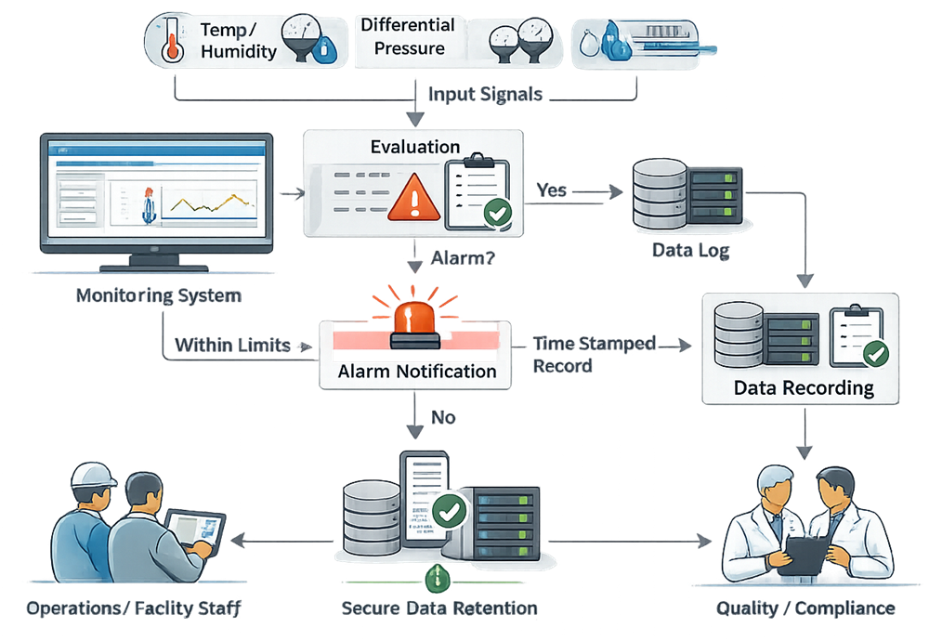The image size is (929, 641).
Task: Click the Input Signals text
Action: (484, 94)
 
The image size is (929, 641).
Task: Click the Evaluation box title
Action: (414, 147)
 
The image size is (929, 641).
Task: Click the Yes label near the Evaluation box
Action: (553, 190)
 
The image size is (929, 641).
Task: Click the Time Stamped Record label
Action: (595, 354)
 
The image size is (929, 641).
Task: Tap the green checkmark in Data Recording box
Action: (874, 354)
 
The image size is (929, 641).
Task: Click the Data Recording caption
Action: (804, 387)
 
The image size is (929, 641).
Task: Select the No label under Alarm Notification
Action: (443, 417)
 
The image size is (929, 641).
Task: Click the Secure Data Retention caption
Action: (438, 609)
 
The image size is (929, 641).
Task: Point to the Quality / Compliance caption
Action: (805, 609)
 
